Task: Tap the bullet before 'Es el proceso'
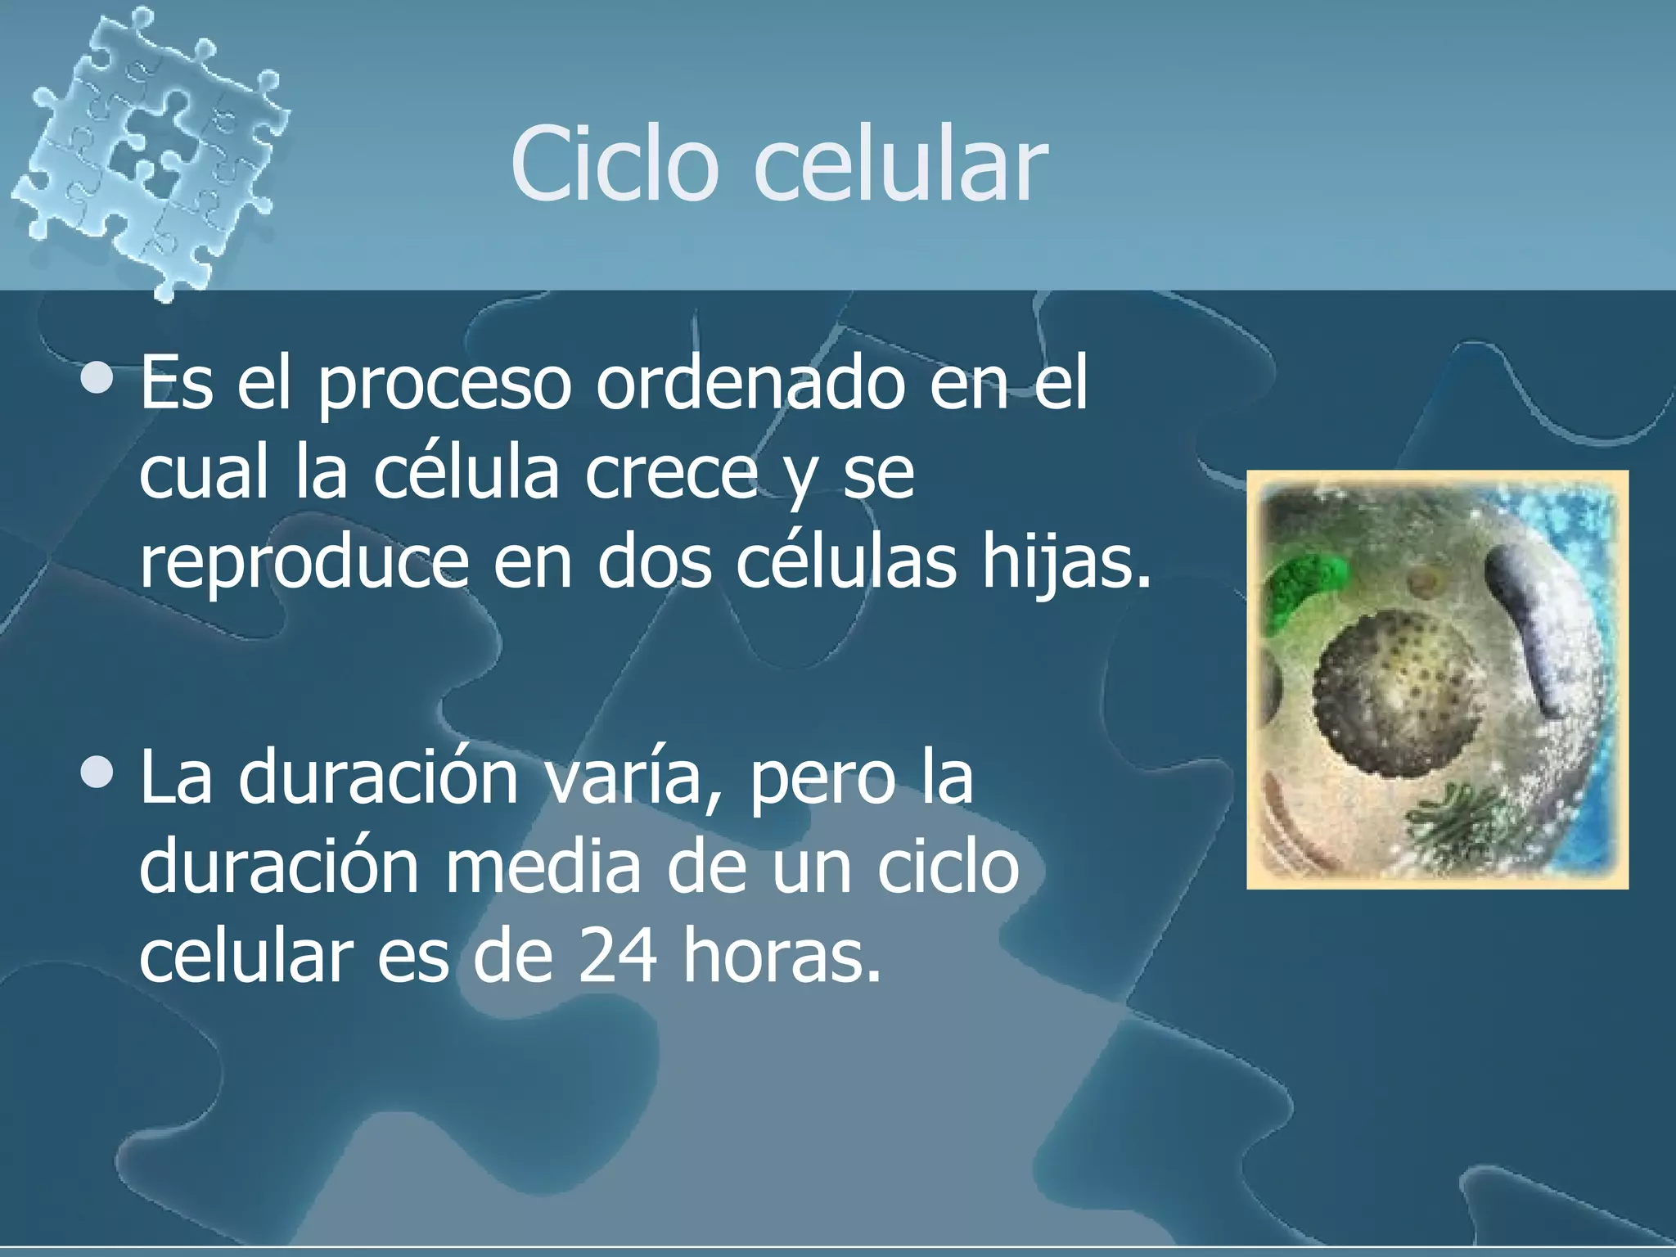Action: click(x=99, y=379)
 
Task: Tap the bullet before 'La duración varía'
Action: click(x=99, y=773)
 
